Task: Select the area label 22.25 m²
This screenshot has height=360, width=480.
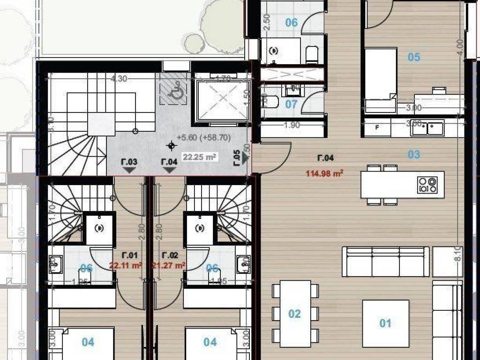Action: [199, 157]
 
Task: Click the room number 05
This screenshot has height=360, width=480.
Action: [413, 57]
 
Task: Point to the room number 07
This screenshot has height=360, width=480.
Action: [291, 104]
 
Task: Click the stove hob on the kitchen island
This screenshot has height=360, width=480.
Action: [427, 184]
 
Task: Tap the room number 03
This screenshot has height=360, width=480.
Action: [413, 154]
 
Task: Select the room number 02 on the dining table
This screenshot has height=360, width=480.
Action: [294, 314]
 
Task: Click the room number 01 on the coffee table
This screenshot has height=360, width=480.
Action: [385, 323]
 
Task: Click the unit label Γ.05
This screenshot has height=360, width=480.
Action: [237, 158]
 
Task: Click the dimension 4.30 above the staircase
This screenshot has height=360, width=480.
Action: [119, 79]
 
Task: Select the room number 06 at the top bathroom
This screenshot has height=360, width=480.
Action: [291, 22]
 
